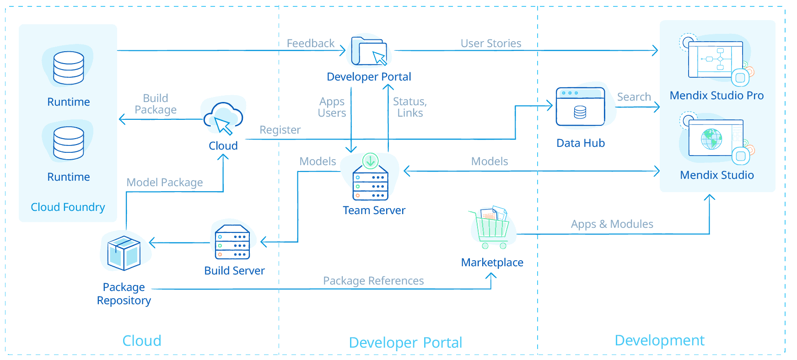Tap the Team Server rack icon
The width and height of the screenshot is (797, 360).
click(x=371, y=183)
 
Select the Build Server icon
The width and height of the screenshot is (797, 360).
click(x=232, y=242)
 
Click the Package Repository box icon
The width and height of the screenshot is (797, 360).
click(x=124, y=253)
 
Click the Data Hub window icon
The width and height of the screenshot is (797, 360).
click(x=580, y=107)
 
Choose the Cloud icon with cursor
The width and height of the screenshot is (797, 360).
click(x=223, y=118)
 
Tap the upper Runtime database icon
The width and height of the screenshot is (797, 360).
click(x=69, y=68)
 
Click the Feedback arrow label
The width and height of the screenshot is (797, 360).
click(x=310, y=43)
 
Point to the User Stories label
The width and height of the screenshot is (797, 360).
click(x=490, y=43)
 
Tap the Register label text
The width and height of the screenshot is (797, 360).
click(x=280, y=130)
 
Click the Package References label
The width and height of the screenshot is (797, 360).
click(x=373, y=281)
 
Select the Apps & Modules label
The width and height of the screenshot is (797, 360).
click(x=612, y=224)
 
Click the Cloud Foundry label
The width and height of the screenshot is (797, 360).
click(x=68, y=207)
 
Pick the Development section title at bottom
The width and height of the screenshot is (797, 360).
click(x=659, y=340)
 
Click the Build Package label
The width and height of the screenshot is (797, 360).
click(x=156, y=104)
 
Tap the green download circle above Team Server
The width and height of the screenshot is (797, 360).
click(x=371, y=161)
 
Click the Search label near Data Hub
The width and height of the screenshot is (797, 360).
click(x=634, y=97)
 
